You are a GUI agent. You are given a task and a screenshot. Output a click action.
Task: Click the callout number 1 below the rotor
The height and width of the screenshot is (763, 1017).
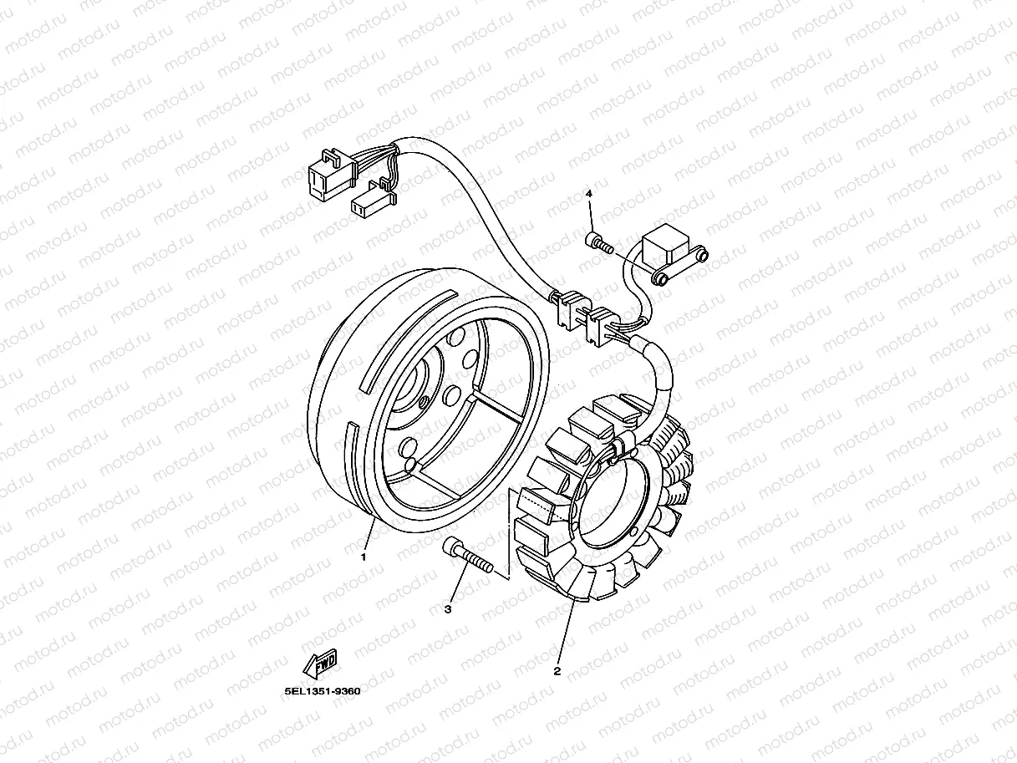point(364,556)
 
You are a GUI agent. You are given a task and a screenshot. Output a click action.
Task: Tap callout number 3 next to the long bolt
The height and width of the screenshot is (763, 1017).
point(448,609)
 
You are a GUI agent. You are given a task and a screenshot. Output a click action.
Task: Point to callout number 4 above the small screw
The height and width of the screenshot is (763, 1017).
point(589,194)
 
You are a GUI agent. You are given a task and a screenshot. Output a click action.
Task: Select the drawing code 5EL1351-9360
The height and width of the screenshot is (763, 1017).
point(322,692)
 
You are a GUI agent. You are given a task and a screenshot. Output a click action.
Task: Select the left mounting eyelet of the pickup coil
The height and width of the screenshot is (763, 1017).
point(661,277)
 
